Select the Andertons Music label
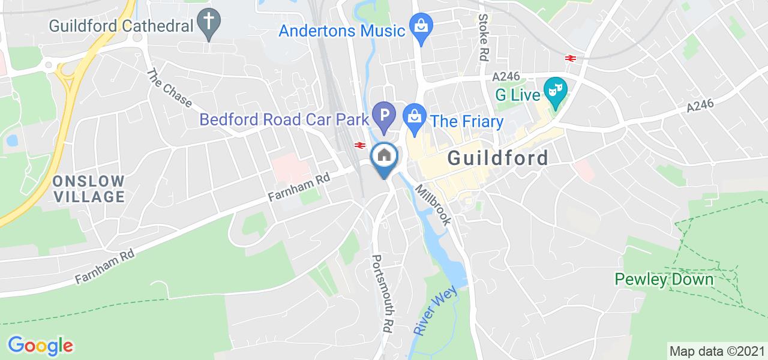342,30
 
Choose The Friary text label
467,122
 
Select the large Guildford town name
498,158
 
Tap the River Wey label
435,310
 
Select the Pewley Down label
664,279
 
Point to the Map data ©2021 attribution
716,350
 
